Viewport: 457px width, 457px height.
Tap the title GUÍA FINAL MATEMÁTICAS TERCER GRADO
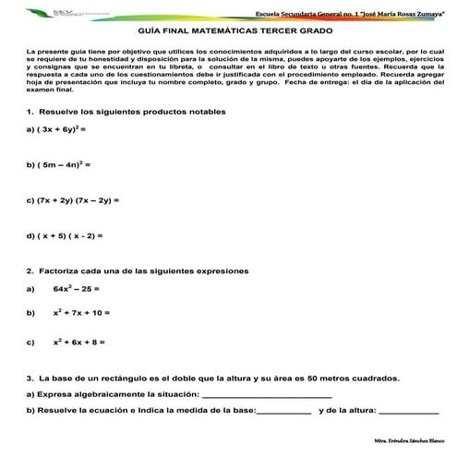[227, 31]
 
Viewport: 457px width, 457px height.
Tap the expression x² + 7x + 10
[81, 314]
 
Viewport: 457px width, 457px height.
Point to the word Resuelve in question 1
[59, 110]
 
